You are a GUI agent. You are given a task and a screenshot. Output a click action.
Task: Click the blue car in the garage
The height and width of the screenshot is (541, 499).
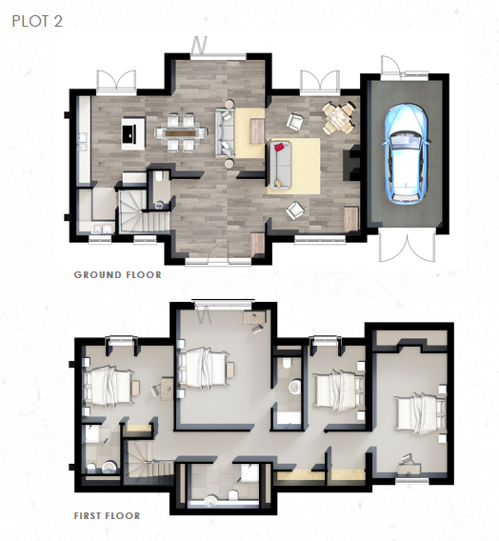click(407, 153)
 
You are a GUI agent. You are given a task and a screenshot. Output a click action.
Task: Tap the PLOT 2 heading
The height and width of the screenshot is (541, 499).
click(37, 21)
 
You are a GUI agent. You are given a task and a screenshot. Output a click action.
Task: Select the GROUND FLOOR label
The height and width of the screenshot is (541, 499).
click(117, 275)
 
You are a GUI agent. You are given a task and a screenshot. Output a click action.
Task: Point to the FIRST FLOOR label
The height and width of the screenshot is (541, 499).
click(108, 516)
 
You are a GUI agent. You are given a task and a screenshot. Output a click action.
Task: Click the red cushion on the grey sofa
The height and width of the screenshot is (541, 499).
click(279, 147)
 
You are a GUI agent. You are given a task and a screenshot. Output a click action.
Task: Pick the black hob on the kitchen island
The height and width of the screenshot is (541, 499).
click(129, 133)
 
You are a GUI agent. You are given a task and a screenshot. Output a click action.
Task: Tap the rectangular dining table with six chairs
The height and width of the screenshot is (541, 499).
click(181, 132)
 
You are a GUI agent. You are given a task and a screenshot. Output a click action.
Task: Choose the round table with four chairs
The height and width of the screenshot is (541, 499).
click(338, 118)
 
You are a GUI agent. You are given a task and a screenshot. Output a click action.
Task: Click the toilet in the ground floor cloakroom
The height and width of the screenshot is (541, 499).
click(159, 177)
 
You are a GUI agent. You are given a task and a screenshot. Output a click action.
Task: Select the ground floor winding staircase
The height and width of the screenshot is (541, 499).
click(143, 213)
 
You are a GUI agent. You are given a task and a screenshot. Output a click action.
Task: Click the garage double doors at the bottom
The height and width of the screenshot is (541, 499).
click(407, 247)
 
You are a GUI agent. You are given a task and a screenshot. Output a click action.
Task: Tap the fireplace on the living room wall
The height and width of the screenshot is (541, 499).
click(351, 163)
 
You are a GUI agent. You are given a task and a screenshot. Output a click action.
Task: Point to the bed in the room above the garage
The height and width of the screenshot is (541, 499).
click(419, 413)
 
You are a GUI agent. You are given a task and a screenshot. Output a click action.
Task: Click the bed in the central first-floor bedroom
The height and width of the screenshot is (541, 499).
click(203, 369)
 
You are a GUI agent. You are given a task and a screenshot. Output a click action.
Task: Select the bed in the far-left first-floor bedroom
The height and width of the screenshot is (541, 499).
click(109, 387)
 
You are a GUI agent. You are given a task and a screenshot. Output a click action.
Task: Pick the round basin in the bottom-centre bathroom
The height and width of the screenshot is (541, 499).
click(210, 501)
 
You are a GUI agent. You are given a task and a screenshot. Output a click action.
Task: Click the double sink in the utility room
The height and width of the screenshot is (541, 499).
click(103, 229)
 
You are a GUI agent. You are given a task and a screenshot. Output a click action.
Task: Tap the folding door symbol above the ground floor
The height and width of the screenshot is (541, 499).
click(199, 44)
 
